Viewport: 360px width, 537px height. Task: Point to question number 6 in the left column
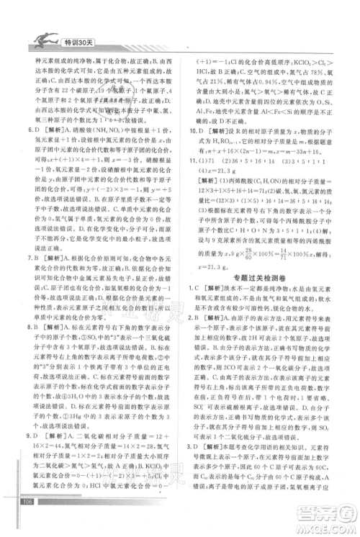28,132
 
